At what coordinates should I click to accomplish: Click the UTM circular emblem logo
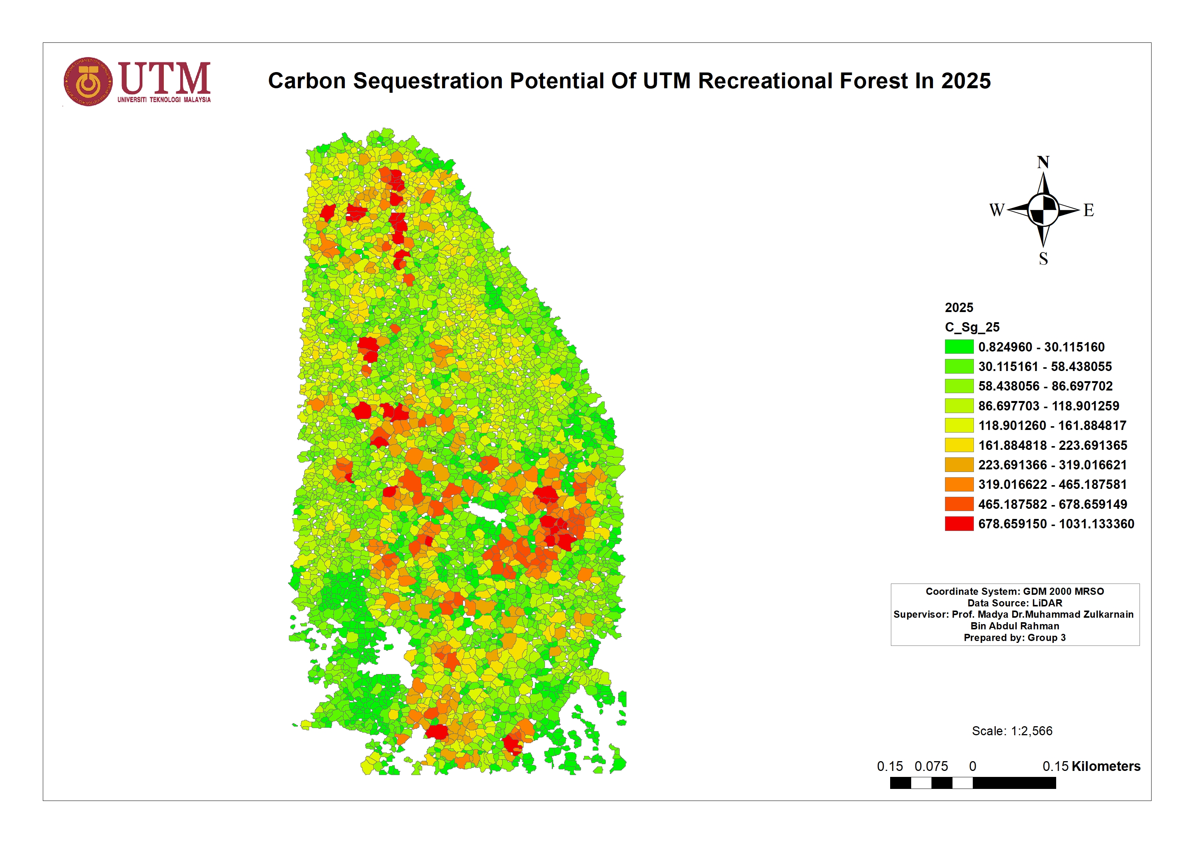click(88, 81)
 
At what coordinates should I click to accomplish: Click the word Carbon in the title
click(307, 81)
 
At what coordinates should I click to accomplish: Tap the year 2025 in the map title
click(966, 81)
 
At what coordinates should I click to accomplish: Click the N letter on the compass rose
click(1043, 162)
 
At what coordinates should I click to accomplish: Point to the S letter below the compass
click(1043, 258)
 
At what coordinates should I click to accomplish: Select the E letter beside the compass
click(1088, 210)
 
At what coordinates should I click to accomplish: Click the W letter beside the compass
click(996, 210)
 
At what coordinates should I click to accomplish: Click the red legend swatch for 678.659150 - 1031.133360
click(959, 524)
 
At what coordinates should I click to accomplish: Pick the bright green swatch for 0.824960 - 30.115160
click(959, 346)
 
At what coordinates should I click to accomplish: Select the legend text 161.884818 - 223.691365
click(1052, 445)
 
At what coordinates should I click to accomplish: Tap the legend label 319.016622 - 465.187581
click(1052, 484)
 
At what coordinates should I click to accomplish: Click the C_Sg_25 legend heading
click(972, 327)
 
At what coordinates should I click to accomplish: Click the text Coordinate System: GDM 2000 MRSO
click(1014, 591)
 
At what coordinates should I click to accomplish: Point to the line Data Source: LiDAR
click(1014, 603)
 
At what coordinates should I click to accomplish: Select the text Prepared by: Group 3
click(1014, 638)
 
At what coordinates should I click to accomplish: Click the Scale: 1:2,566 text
click(1011, 731)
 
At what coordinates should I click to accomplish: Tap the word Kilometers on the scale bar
click(1106, 766)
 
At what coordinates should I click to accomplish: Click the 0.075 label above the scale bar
click(931, 766)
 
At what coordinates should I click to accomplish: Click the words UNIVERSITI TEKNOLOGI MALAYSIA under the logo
click(164, 100)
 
